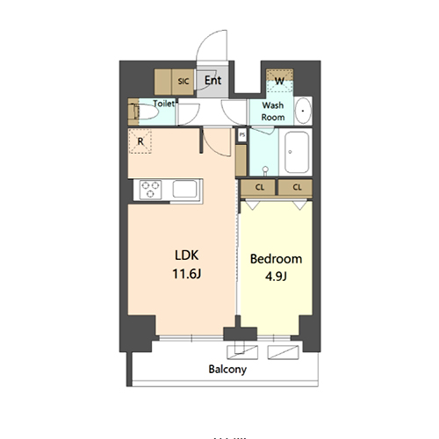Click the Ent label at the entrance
coord(212,80)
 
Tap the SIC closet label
coord(184,81)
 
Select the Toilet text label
coord(164,103)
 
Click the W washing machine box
coord(278,81)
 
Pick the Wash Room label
coord(272,111)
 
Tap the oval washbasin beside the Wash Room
coord(302,111)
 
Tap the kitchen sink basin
coord(185,189)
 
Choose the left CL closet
coord(261,187)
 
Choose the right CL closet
coord(297,187)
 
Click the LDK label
coord(186,255)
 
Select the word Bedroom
coord(276,259)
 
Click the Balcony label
coord(227,370)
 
